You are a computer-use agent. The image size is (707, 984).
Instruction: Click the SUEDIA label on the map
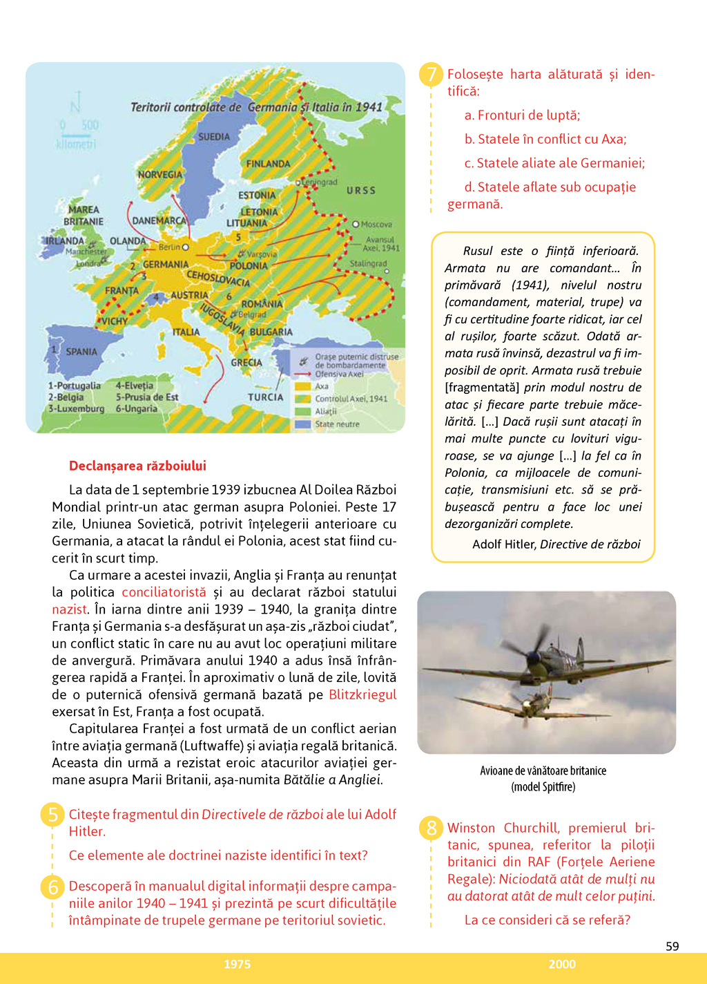point(214,137)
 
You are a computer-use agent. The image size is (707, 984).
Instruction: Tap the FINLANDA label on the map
point(268,164)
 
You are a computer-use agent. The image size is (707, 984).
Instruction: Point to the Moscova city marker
point(356,224)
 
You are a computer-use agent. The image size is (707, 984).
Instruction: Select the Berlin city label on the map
point(169,247)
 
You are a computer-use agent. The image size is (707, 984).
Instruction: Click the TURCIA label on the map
point(266,397)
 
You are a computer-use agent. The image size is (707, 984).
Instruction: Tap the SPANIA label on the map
point(81,352)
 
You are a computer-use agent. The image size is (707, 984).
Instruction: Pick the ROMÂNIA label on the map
point(262,304)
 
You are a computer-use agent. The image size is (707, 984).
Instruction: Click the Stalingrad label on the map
point(368,263)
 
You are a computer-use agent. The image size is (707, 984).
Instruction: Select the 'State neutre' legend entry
point(337,424)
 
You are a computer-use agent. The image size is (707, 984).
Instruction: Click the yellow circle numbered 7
point(432,75)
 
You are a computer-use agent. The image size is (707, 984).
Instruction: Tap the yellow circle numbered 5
point(53,815)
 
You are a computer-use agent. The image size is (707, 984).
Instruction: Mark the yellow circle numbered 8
point(432,828)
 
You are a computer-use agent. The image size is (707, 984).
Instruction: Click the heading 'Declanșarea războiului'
point(137,466)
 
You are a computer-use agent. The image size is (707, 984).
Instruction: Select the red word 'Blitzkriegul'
point(362,694)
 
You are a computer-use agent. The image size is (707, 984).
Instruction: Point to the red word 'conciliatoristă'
point(164,592)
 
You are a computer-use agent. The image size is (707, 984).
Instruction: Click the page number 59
point(672,946)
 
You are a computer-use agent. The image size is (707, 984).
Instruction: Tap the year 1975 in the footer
point(237,964)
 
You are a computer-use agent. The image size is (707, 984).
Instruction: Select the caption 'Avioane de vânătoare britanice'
point(543,770)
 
